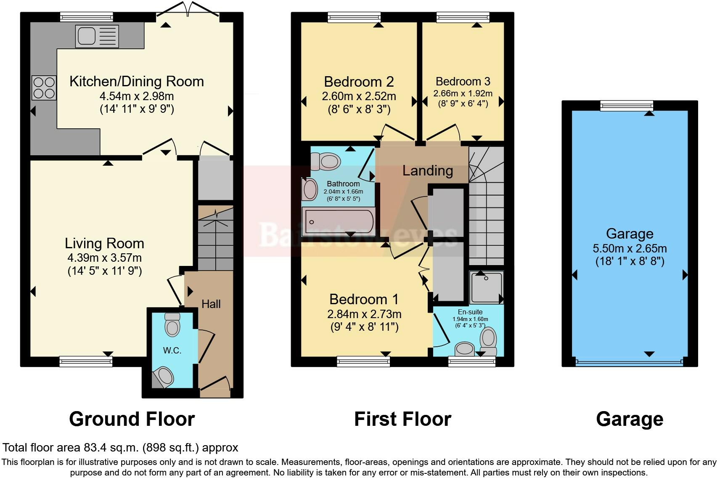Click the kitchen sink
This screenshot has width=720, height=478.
tap(97, 36)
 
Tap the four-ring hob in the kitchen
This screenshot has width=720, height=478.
tap(44, 88)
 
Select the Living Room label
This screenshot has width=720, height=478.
tap(104, 244)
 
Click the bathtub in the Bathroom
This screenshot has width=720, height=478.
tap(339, 221)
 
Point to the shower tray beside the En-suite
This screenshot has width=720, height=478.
tap(486, 287)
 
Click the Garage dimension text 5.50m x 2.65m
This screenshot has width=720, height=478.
tap(630, 248)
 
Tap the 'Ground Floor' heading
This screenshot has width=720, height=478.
tap(132, 419)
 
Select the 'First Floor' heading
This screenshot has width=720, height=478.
tap(403, 419)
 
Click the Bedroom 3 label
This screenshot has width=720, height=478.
tap(463, 81)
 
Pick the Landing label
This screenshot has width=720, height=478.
tap(428, 171)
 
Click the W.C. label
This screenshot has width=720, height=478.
tap(172, 351)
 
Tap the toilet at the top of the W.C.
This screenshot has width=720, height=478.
tap(172, 324)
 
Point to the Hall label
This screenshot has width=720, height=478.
tap(211, 304)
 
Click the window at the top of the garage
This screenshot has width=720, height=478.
tap(627, 106)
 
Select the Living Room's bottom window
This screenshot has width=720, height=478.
tap(86, 361)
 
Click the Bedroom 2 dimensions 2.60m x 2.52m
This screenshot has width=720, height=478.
tap(359, 96)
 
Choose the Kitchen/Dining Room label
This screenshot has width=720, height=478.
tap(137, 81)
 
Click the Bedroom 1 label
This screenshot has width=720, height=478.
tap(364, 300)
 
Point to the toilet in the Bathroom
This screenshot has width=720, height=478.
tap(325, 161)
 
